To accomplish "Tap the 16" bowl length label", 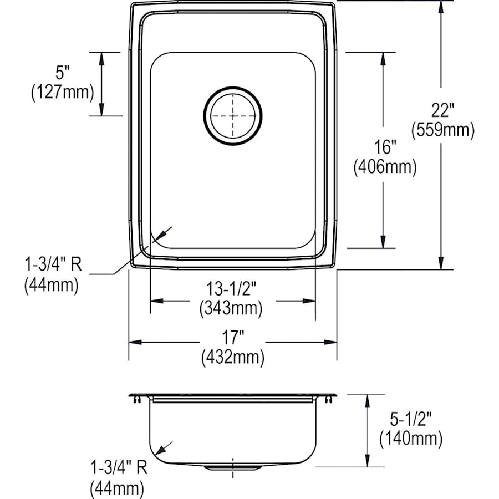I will pyautogui.click(x=385, y=148).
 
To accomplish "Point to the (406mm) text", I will pyautogui.click(x=385, y=167).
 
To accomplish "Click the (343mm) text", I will pyautogui.click(x=231, y=309).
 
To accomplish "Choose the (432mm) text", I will pyautogui.click(x=233, y=357).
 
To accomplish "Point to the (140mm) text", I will pyautogui.click(x=411, y=439).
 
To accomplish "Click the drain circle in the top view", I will pyautogui.click(x=232, y=115).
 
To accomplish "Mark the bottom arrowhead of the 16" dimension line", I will pyautogui.click(x=383, y=242).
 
